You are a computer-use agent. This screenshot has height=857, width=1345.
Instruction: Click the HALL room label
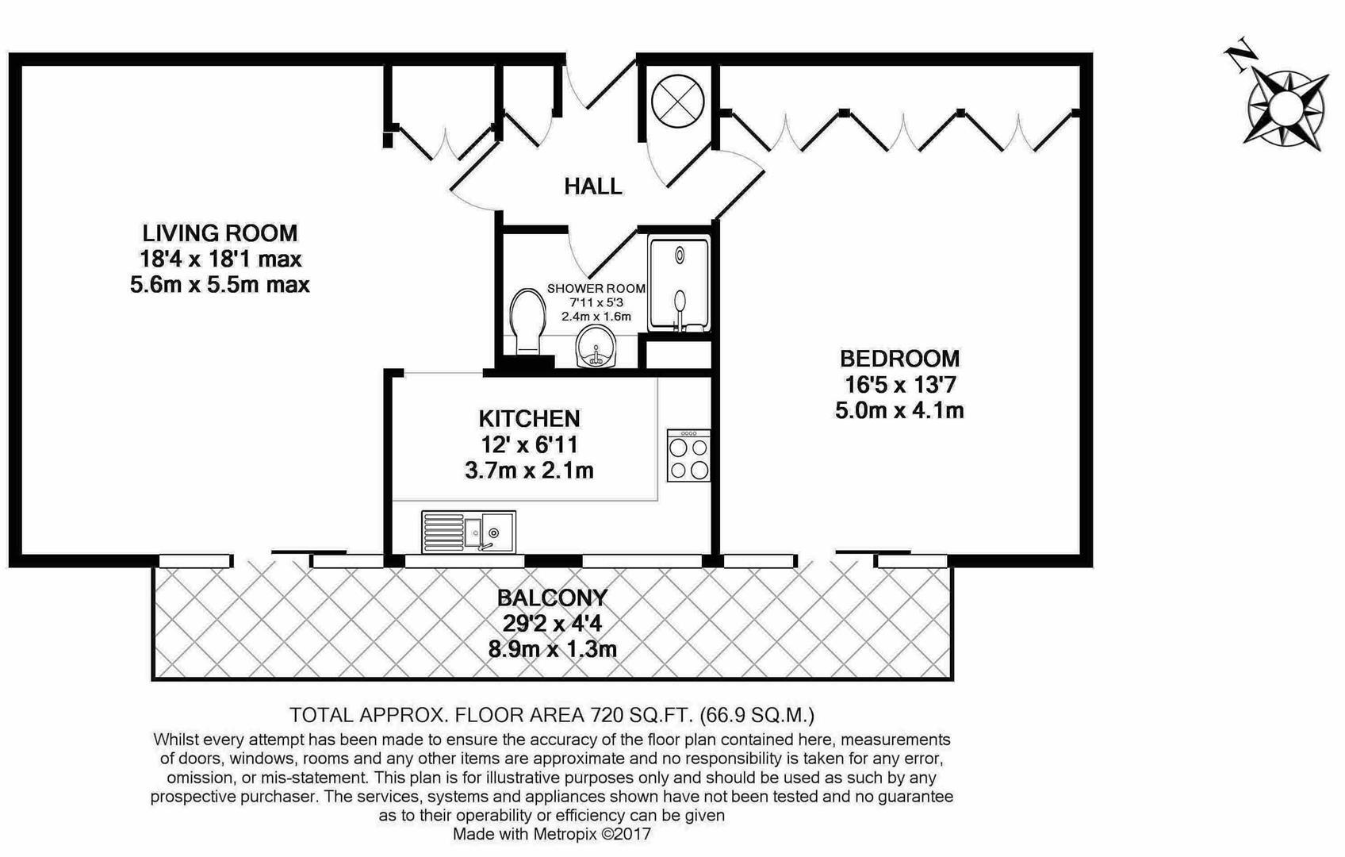tap(592, 186)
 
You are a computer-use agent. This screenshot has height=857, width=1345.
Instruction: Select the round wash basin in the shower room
tap(594, 349)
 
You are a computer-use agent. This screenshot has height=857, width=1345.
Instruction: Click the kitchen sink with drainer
tap(469, 531)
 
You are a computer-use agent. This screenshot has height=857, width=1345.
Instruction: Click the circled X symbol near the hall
tap(677, 101)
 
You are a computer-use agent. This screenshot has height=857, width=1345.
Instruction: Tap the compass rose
tap(1286, 107)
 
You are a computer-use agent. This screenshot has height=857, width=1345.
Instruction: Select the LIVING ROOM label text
tap(220, 233)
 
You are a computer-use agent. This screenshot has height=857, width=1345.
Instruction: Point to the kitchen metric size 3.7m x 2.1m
tap(529, 471)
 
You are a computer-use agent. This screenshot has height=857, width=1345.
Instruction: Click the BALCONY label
tap(552, 598)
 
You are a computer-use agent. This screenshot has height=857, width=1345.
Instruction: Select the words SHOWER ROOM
tap(596, 289)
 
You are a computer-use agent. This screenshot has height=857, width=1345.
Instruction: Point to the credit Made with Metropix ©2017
tap(551, 835)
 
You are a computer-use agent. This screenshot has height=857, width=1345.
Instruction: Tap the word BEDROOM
tap(899, 359)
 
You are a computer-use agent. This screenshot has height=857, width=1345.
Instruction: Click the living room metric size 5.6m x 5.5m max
tap(220, 284)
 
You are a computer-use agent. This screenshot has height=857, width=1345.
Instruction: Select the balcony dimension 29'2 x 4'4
tap(552, 623)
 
